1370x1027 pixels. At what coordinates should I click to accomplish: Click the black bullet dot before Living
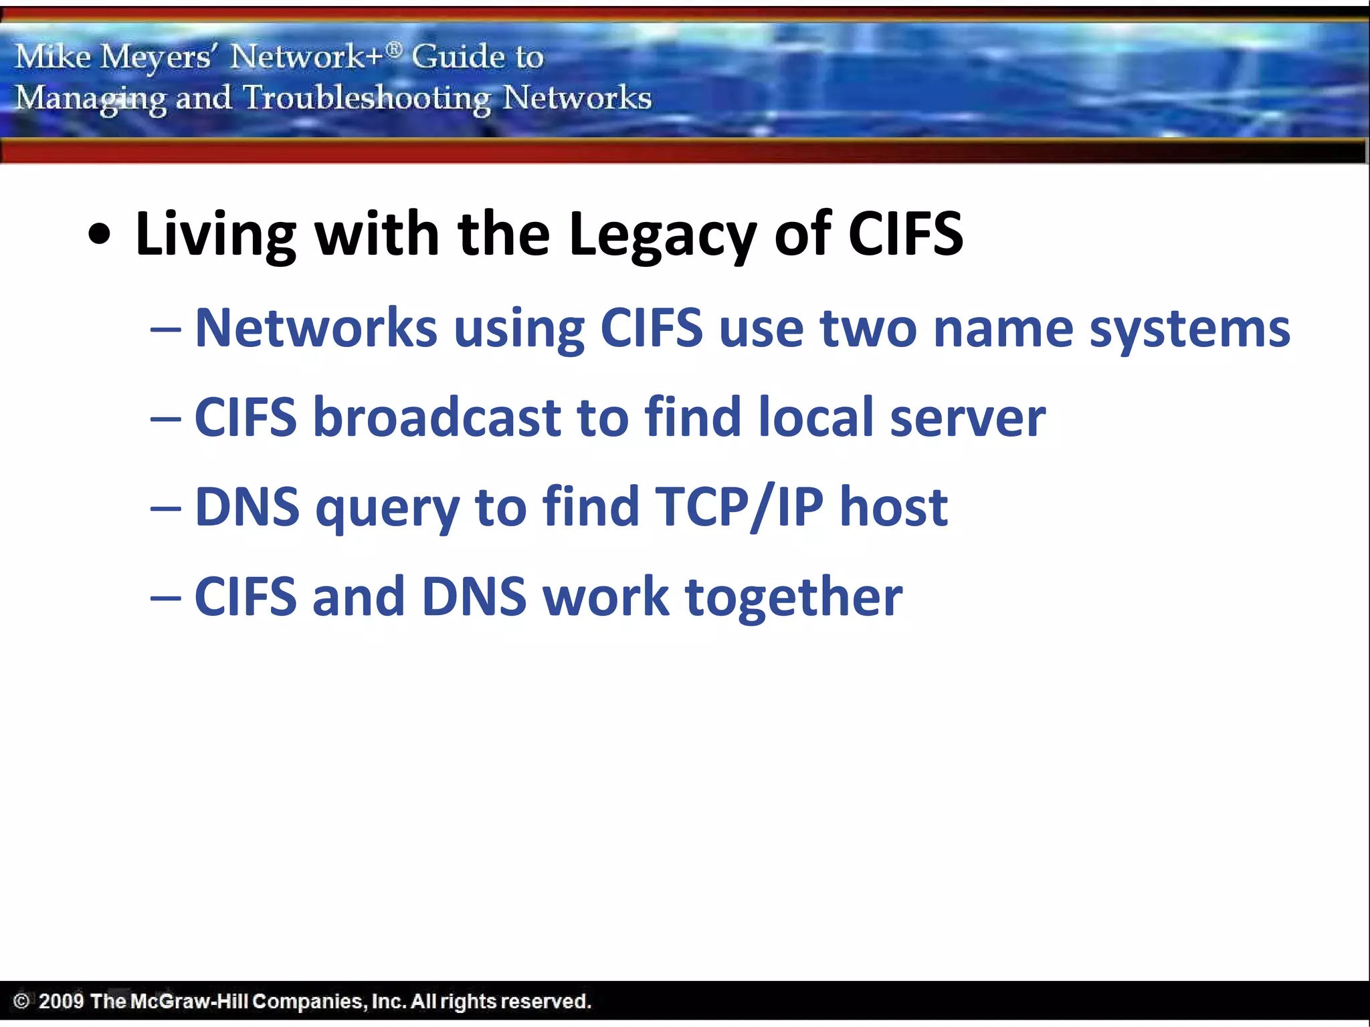(100, 235)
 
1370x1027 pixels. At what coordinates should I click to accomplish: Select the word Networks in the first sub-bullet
(316, 328)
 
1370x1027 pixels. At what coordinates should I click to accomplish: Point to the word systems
(1189, 330)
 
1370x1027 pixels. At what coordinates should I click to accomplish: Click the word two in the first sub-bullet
(868, 328)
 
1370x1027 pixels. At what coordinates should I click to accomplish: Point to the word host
(894, 507)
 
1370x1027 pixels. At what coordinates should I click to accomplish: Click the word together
(794, 597)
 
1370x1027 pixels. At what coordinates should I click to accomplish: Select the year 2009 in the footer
(61, 1001)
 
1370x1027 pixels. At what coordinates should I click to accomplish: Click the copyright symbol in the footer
(21, 1001)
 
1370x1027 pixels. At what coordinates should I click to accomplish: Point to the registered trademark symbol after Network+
(395, 48)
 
